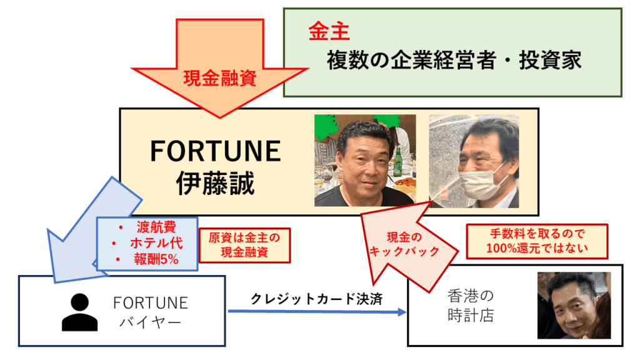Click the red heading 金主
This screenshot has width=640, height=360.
coord(329,31)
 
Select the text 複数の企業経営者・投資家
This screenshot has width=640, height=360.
coord(454,61)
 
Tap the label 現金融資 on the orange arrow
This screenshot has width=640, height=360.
coord(220,78)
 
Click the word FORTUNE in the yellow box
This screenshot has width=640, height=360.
coord(216,151)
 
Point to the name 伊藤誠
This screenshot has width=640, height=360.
coord(215,183)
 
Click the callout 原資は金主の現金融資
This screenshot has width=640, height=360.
coord(244,245)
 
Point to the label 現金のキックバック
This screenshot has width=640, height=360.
coord(404,244)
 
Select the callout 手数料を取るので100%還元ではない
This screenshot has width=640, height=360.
coord(537,241)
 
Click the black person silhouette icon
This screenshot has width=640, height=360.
coord(79,312)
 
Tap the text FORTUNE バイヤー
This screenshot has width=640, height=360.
coord(151,312)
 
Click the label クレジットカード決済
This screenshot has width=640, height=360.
coord(317,299)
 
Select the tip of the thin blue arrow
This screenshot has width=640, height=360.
coord(406,312)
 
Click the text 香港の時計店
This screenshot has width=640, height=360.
coord(471,306)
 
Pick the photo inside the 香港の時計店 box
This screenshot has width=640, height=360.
coord(574,305)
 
